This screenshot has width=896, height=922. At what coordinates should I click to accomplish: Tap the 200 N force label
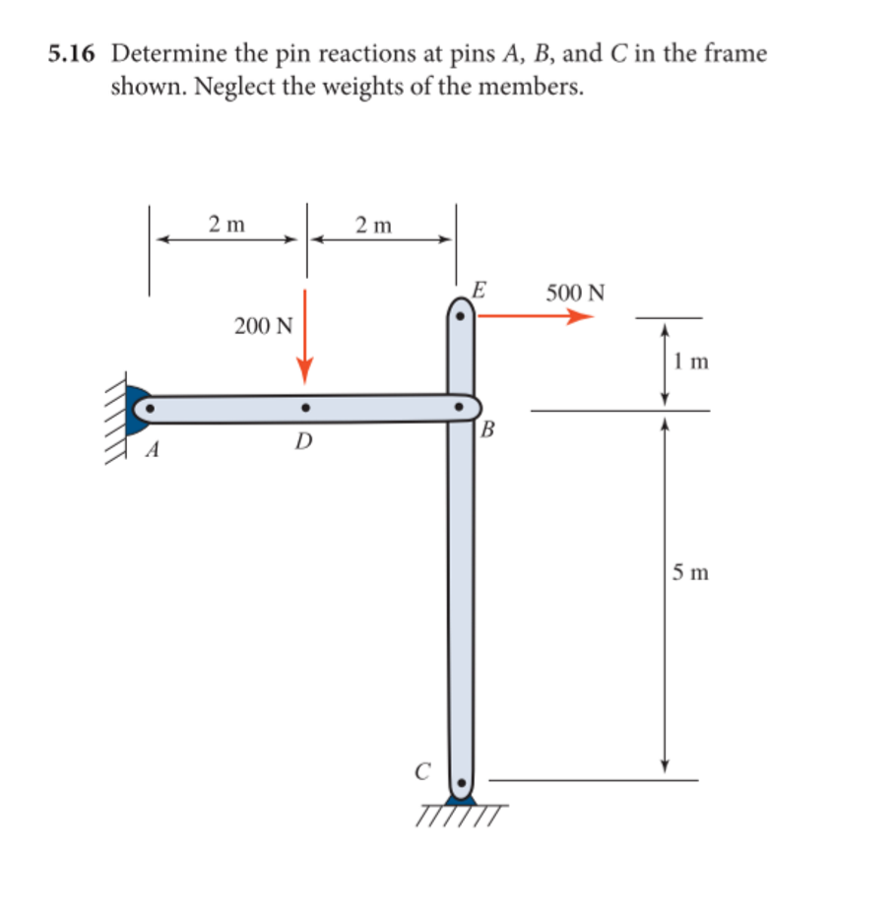click(263, 326)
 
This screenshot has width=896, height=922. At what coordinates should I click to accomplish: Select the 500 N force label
click(576, 293)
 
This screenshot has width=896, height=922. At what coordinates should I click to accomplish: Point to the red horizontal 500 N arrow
click(537, 316)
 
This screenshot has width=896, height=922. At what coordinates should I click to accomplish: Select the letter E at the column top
click(478, 290)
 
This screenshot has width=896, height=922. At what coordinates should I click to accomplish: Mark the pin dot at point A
click(150, 406)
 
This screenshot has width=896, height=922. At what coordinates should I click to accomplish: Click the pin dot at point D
click(305, 406)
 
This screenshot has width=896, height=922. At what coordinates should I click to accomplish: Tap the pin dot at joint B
click(459, 405)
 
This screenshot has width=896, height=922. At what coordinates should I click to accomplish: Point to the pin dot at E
click(459, 317)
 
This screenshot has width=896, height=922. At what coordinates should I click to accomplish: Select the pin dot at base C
click(460, 786)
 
